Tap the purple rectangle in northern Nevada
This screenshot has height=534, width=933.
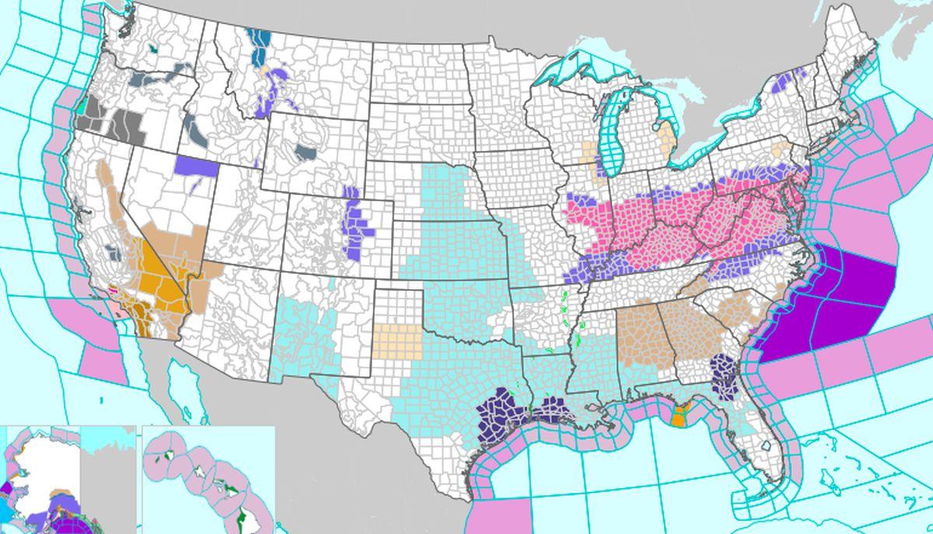[x=197, y=166]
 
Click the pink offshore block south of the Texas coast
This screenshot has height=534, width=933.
[x=498, y=517]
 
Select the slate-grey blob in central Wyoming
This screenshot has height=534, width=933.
[x=305, y=151]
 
